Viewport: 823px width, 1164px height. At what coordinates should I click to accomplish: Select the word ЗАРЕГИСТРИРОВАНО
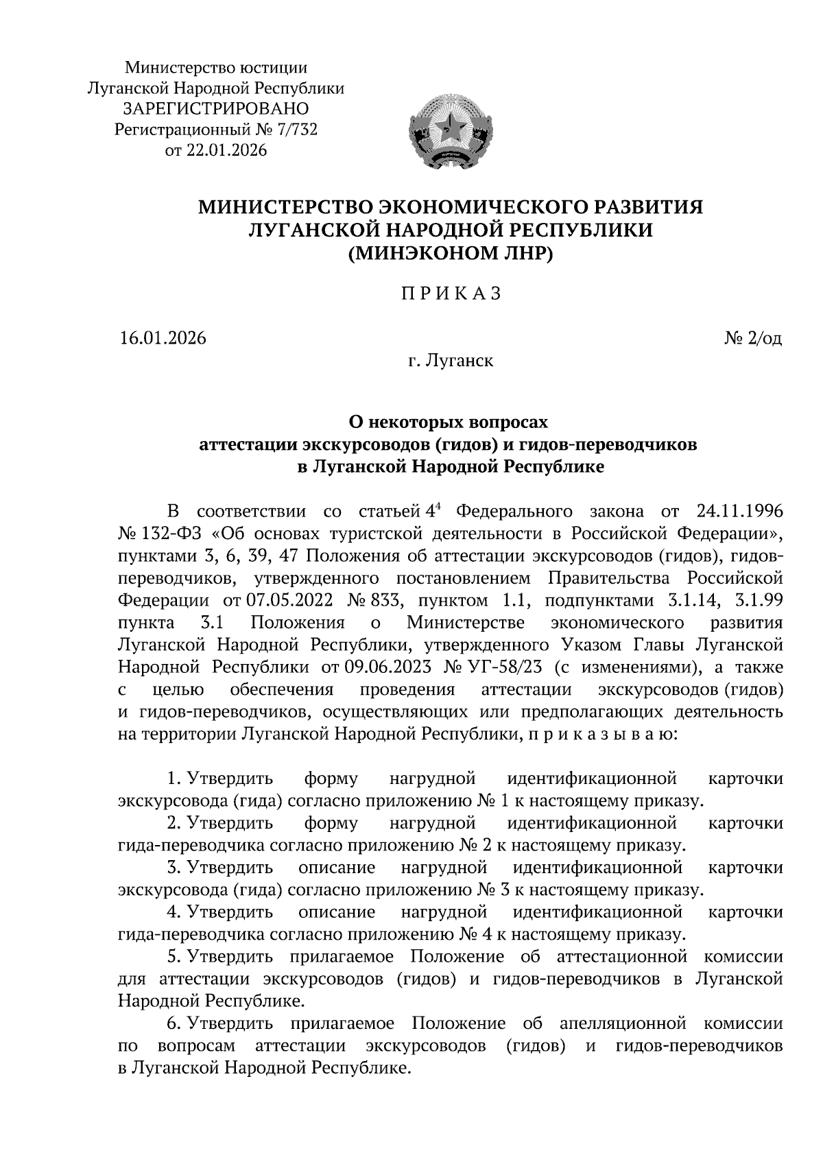[x=216, y=108]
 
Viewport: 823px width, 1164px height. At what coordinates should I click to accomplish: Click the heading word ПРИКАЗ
[x=451, y=294]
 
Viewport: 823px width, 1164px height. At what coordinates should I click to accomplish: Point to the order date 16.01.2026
[x=163, y=338]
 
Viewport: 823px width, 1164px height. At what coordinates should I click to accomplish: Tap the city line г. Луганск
[x=451, y=359]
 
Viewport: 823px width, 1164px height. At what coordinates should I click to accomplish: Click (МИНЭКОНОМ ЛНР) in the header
[x=451, y=254]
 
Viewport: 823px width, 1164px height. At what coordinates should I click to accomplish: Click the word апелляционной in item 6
[x=623, y=1024]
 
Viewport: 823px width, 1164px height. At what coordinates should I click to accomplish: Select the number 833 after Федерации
[x=379, y=600]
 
